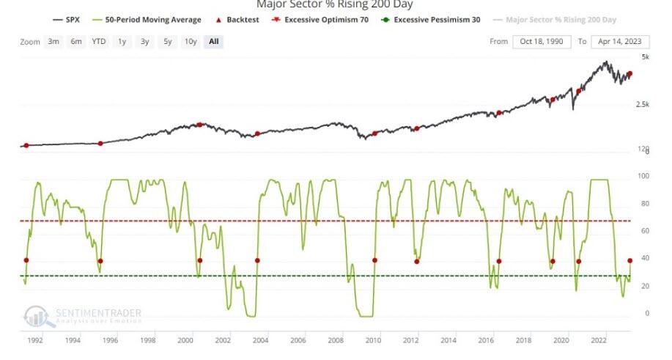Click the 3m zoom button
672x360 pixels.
tap(53, 42)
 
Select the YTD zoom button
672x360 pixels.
tap(99, 42)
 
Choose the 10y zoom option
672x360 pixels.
tap(191, 42)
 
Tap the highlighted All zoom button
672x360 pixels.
tap(213, 42)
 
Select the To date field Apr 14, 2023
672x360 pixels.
tap(619, 42)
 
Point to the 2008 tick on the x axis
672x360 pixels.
tap(336, 340)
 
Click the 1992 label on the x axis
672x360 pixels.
tap(35, 340)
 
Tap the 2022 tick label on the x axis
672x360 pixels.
tap(597, 340)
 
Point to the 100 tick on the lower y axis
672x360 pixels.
tap(644, 176)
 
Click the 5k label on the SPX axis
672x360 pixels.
tap(646, 56)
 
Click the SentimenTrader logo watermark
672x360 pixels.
tap(82, 316)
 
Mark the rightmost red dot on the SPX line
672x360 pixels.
tap(629, 74)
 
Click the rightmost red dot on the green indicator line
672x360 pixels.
tap(629, 260)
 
